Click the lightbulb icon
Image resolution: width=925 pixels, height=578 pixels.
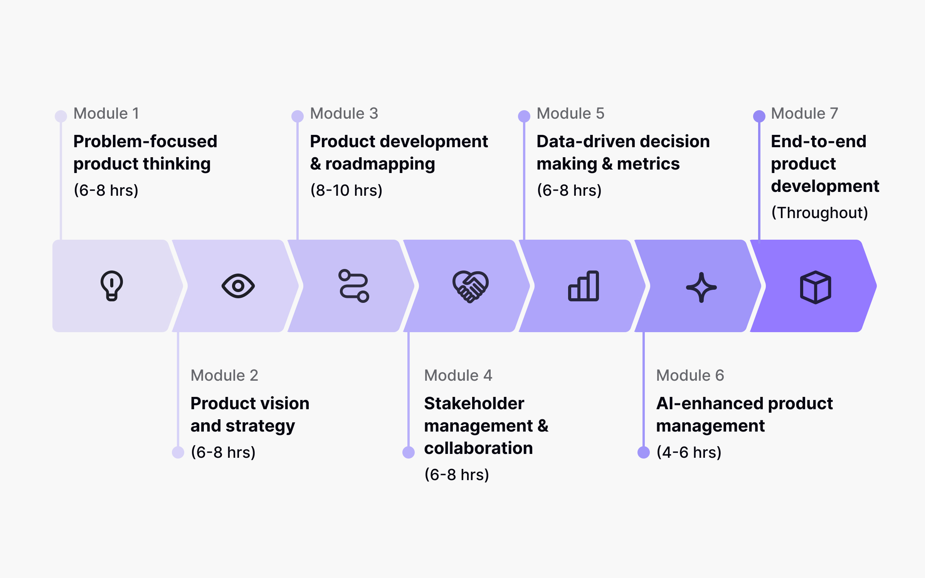(x=112, y=286)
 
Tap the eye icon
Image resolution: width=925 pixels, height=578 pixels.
(x=238, y=286)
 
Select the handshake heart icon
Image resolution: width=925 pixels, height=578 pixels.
(x=470, y=286)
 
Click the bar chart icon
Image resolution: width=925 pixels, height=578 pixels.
(x=584, y=286)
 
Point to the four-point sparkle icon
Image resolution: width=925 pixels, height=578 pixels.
(x=701, y=287)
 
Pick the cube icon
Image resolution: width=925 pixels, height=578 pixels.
(x=816, y=287)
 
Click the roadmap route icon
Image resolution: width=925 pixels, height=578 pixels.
(x=353, y=286)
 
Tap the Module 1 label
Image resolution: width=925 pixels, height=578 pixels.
(x=106, y=114)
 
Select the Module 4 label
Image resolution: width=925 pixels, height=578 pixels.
(x=458, y=376)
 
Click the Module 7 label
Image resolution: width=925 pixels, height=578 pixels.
(x=804, y=114)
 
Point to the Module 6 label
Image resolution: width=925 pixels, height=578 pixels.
(x=690, y=376)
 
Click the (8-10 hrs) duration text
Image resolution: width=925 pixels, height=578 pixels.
(x=346, y=190)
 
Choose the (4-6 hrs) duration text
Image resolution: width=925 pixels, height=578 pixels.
(x=689, y=452)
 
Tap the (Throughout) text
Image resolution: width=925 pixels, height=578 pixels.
(x=819, y=213)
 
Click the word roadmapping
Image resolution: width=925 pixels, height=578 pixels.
(x=380, y=164)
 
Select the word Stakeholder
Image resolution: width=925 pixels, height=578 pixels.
(x=474, y=404)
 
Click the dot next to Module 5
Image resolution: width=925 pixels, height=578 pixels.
(x=524, y=116)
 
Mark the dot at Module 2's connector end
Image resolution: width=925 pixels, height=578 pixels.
(x=178, y=452)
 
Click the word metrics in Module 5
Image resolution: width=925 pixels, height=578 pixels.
(x=648, y=164)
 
